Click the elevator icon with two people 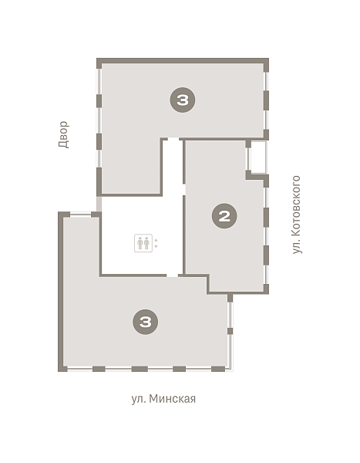[143, 243]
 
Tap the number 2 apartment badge [224, 216]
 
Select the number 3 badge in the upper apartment [183, 100]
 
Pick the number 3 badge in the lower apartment [145, 322]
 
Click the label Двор [63, 134]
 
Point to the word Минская [173, 399]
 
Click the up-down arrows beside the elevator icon [156, 243]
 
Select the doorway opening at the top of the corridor [173, 140]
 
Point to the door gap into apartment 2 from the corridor [183, 190]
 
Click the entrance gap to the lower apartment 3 [173, 275]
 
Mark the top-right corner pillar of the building [266, 65]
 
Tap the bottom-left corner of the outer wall [61, 369]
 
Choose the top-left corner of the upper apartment [99, 61]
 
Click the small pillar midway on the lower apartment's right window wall [230, 331]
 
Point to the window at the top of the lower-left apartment [80, 214]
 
